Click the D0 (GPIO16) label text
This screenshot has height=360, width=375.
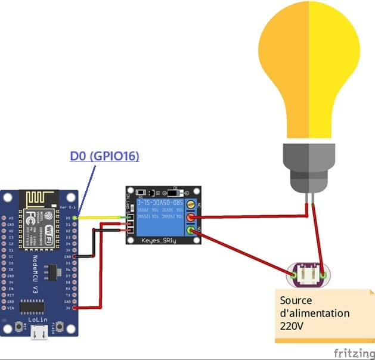pos(104,156)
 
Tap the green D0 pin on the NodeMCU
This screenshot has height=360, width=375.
pos(75,218)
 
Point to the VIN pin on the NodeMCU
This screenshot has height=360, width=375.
pos(11,308)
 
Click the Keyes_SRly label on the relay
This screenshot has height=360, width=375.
pos(159,240)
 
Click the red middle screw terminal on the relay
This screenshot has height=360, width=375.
pos(192,218)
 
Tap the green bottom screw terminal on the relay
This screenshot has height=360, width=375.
pos(191,231)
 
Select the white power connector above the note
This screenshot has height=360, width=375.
pos(308,275)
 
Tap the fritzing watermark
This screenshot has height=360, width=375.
pos(354,353)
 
